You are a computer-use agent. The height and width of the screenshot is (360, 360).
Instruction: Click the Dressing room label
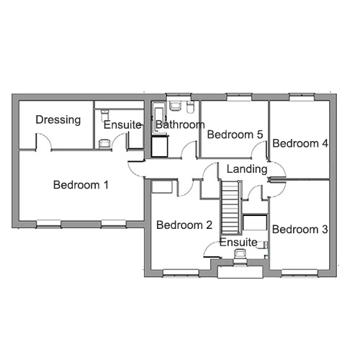(x=58, y=120)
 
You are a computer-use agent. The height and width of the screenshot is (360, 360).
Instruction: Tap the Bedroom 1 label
(x=81, y=185)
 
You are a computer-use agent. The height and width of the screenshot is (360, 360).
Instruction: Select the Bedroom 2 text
(x=184, y=225)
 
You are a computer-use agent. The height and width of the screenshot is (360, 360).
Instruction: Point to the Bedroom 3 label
(x=300, y=230)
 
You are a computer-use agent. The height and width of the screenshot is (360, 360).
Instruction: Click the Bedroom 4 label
(x=300, y=143)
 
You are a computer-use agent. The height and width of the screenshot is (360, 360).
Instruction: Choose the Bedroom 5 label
(x=235, y=135)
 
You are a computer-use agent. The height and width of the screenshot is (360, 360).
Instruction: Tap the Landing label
(x=247, y=169)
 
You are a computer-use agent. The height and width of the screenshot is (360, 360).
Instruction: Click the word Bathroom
(x=180, y=125)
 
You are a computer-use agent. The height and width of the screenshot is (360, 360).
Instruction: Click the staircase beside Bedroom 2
(x=230, y=207)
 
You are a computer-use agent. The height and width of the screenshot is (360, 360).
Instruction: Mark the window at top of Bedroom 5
(x=239, y=97)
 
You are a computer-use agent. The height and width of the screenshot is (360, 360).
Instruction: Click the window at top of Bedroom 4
(x=302, y=97)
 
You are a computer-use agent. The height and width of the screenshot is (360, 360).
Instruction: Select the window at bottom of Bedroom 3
(x=300, y=273)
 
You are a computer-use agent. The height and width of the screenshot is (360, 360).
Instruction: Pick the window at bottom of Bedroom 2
(x=181, y=273)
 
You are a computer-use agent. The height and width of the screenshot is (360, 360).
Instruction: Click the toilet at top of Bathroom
(x=190, y=107)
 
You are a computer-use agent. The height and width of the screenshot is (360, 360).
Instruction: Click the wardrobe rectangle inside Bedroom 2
(x=162, y=187)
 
